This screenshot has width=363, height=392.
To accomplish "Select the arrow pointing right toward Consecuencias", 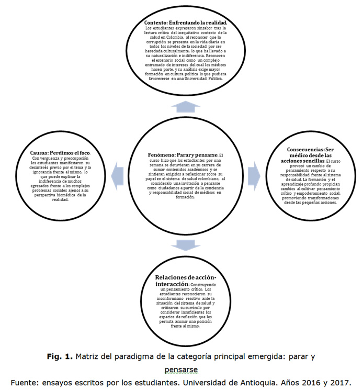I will [x=254, y=171].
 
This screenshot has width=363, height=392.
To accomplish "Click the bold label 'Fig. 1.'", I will [x=59, y=358].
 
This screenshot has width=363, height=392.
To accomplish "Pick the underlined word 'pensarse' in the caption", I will [x=181, y=369].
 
